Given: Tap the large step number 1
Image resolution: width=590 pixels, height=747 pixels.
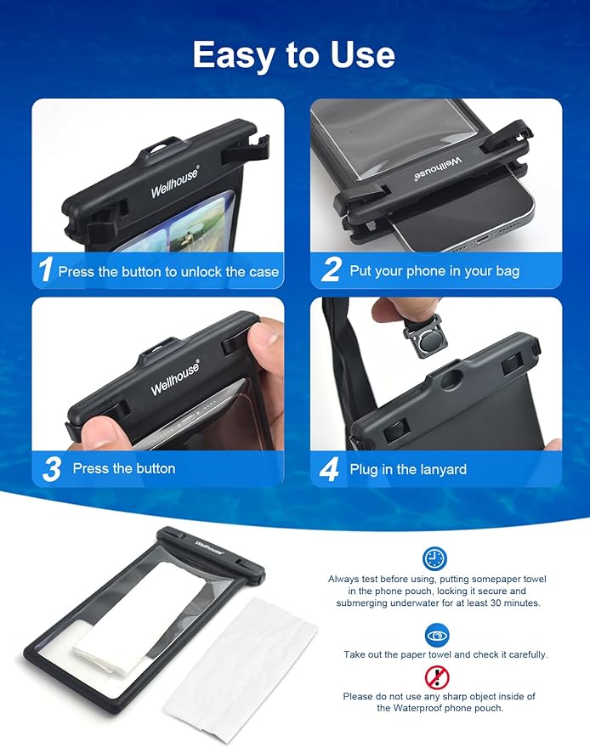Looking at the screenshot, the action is tap(46, 269).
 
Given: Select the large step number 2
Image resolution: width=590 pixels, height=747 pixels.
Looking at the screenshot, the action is tap(332, 269).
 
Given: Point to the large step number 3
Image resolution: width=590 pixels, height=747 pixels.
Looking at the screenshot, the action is tap(52, 469).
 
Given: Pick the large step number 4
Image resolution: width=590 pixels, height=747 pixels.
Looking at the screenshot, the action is tap(329, 469).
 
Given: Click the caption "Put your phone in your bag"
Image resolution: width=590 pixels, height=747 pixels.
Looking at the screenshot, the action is tap(434, 272).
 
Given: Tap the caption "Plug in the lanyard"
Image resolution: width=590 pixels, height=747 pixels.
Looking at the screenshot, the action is tap(408, 470).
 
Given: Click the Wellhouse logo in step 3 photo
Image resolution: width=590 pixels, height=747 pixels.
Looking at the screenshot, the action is tap(175, 378).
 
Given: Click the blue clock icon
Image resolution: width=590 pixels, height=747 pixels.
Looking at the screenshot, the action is tap(434, 558).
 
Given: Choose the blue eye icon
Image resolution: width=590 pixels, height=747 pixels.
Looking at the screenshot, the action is tap(437, 636).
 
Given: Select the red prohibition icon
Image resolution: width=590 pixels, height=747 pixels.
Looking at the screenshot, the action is tap(437, 677).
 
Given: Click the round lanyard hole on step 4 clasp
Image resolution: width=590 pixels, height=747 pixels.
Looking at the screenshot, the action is tap(451, 380).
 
